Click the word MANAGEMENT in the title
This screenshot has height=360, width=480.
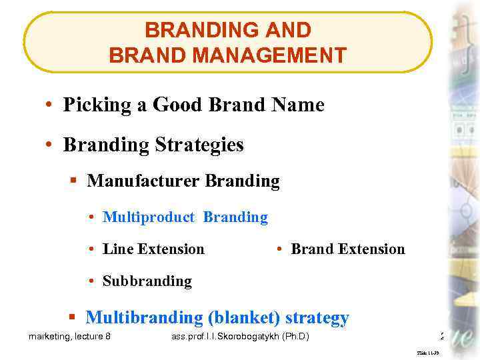point(273,55)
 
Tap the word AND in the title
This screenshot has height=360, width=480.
point(287,30)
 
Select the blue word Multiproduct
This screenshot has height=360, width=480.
point(149,217)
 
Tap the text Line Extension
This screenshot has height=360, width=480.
point(153,249)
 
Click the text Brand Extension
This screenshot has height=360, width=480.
point(348,249)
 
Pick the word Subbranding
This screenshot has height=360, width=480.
point(147,281)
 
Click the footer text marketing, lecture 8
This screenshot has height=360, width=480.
point(69,337)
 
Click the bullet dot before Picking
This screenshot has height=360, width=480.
point(50,106)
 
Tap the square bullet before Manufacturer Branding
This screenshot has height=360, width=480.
point(74,181)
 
